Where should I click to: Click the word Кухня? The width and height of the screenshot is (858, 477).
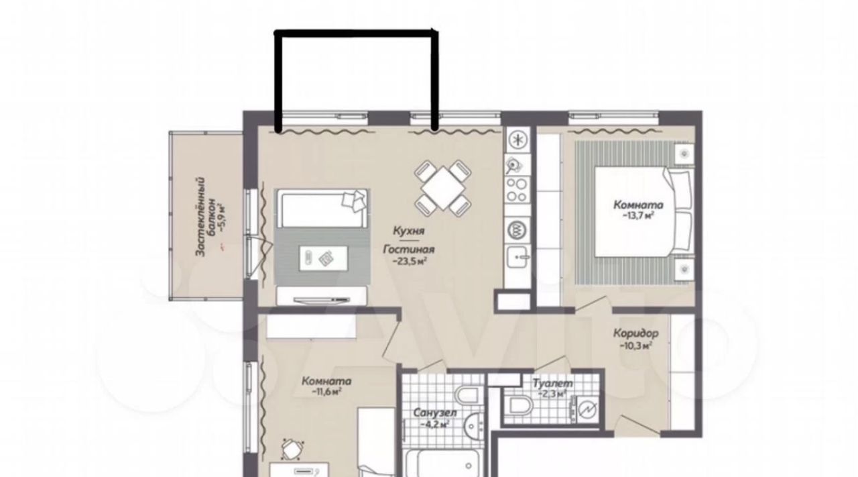coord(409,231)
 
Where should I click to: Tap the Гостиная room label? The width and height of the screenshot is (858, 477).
coord(409,250)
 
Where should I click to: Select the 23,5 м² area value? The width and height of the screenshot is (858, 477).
coord(410,262)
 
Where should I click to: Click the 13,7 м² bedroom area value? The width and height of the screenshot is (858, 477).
coord(638,216)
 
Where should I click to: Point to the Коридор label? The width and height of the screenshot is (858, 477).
coord(636,333)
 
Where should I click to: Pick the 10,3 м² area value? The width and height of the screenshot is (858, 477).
coord(636,346)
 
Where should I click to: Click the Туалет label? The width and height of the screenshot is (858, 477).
coord(553,383)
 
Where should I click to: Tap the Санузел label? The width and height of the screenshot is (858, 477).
coord(435,413)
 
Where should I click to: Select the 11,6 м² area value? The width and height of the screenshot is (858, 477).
coord(326,392)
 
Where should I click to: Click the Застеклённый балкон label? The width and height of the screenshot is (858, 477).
coord(205,217)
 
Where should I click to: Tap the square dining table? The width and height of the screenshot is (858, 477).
coord(442,188)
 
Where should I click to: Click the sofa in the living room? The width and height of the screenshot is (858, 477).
coord(322,208)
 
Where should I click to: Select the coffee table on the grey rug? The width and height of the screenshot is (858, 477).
coord(323,258)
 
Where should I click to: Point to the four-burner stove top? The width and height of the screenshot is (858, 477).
coord(517,190)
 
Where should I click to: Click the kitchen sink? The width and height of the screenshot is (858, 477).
coord(518,256)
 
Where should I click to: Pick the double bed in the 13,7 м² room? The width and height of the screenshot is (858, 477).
coord(643,211)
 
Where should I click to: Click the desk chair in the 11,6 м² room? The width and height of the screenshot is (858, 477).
coord(292,449)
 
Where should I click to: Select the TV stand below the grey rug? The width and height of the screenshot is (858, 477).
coord(322,296)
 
